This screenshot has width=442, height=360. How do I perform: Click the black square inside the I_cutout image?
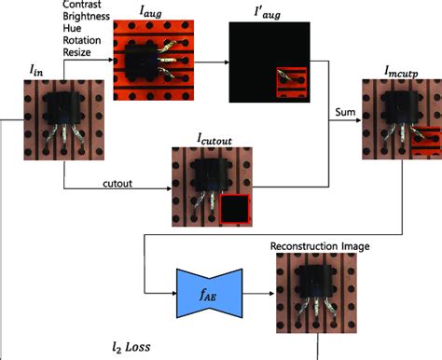235,210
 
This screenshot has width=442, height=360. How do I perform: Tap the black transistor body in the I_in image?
53,108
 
